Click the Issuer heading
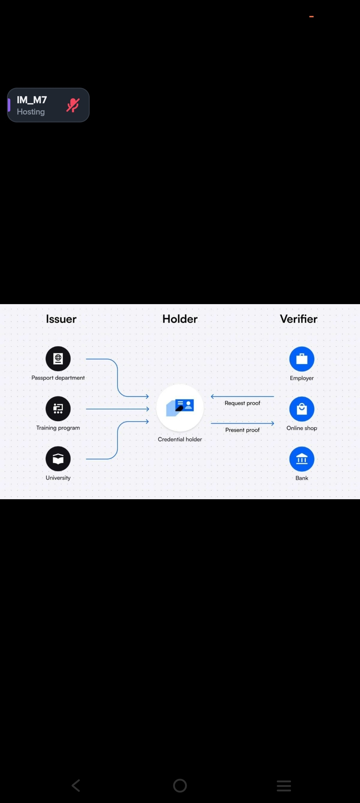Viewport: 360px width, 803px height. [61, 319]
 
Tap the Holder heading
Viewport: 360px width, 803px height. [180, 319]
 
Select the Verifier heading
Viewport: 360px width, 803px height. [299, 319]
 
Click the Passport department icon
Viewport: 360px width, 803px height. [58, 358]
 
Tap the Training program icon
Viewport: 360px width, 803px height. [58, 409]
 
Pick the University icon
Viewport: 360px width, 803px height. [58, 459]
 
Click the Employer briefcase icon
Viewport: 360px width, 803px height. [302, 359]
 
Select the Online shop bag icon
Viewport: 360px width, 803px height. [302, 409]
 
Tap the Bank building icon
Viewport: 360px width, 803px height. [302, 459]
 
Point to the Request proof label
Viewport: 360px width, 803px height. [242, 403]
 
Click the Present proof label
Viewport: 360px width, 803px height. [242, 430]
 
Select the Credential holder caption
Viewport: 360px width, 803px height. [180, 440]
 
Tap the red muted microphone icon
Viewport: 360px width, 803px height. [73, 105]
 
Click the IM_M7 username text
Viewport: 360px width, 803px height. [32, 100]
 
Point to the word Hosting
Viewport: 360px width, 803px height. [31, 112]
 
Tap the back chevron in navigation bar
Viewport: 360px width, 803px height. [76, 786]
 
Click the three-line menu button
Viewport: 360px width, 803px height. [284, 786]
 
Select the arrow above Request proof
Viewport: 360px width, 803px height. [242, 396]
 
